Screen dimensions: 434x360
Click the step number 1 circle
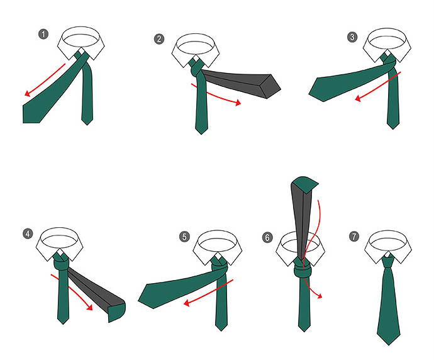43,35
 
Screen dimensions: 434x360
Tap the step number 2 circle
159,39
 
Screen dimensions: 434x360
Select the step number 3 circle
352,37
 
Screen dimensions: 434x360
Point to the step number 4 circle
28,233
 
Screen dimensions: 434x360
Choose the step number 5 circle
184,237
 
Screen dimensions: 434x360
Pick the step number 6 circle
267,238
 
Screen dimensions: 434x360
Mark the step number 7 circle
354,236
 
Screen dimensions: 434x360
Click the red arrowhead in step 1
27,94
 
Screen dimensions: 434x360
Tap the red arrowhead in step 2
238,103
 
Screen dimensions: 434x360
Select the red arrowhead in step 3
358,98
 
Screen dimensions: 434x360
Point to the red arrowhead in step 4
89,307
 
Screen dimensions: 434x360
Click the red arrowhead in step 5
187,303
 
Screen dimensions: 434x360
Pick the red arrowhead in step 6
320,296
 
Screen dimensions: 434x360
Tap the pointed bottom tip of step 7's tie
389,345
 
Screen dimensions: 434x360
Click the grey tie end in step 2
241,82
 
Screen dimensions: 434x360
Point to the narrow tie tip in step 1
87,125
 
